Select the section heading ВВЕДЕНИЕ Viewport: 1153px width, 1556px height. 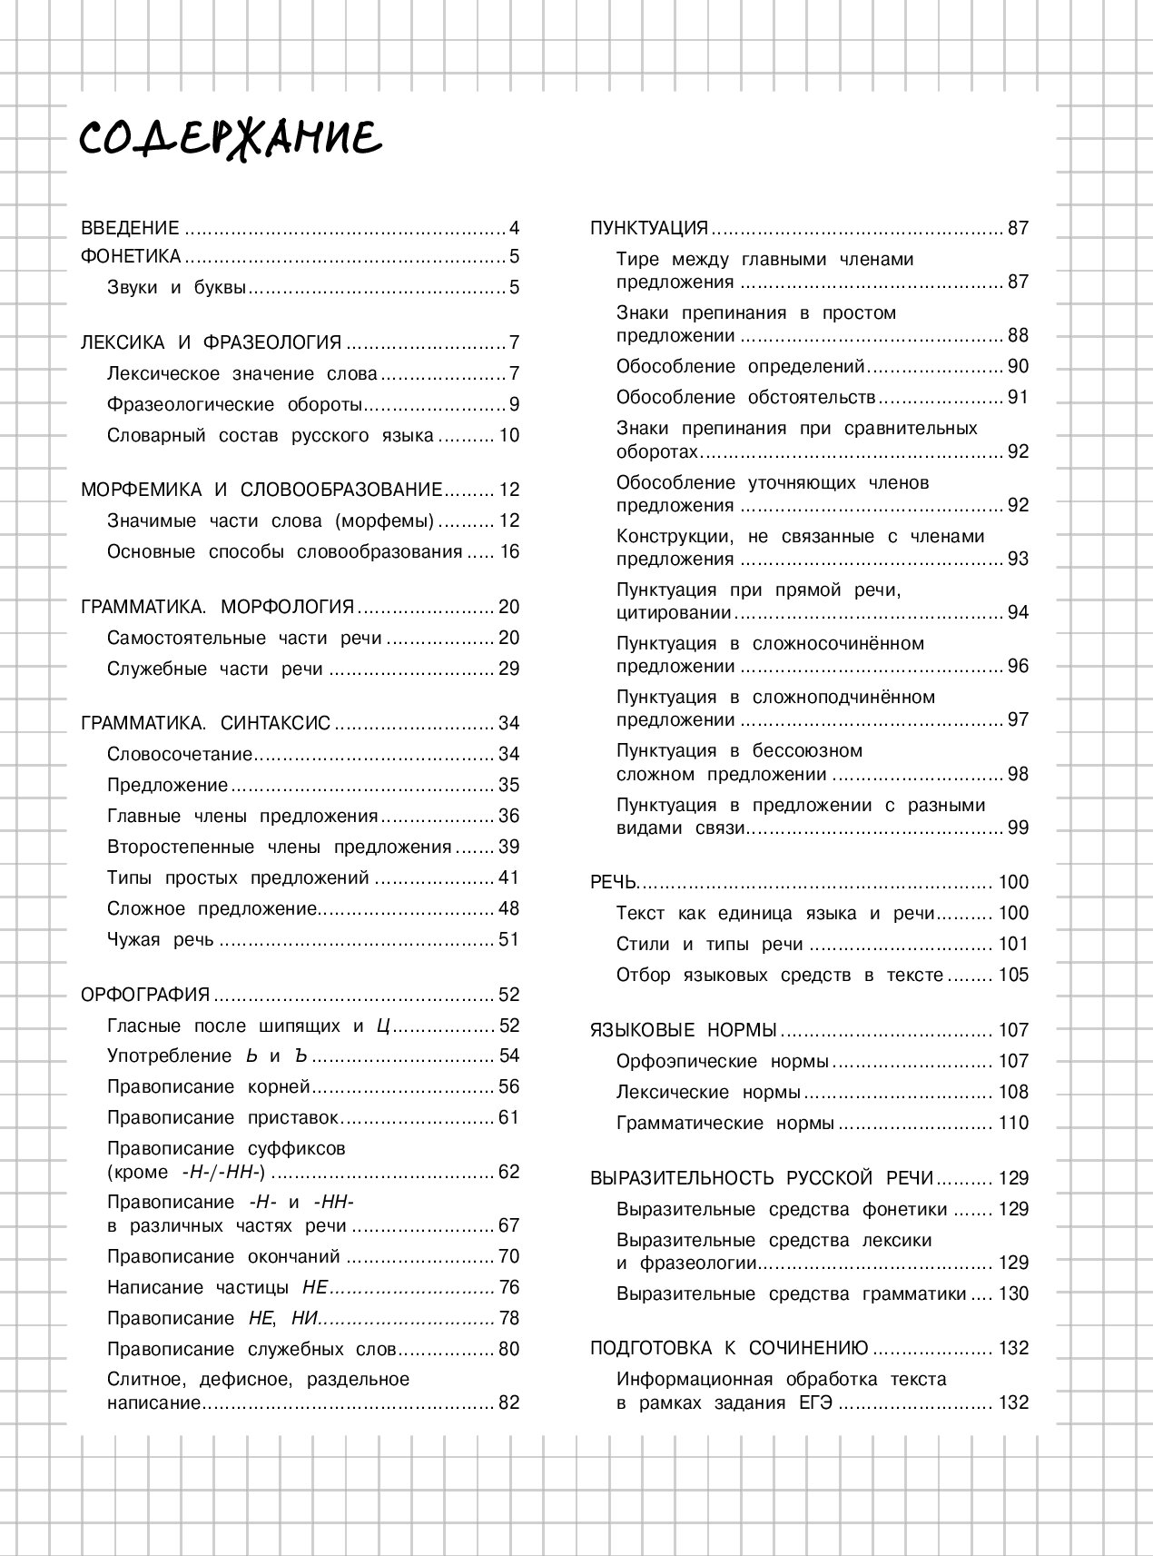pos(130,228)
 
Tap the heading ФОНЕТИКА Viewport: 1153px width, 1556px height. pos(131,256)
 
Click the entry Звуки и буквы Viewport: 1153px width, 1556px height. pos(176,288)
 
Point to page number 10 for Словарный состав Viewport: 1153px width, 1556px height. pos(508,435)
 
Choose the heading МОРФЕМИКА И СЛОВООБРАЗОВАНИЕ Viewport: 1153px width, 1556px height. pos(261,490)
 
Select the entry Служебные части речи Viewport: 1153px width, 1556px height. pos(214,669)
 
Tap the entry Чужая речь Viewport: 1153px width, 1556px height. pos(160,939)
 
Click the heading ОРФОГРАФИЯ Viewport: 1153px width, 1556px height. pos(145,995)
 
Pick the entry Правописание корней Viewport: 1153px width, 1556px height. pos(208,1087)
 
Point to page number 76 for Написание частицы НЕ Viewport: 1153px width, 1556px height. pos(508,1287)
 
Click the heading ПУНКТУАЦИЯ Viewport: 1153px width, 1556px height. pos(648,228)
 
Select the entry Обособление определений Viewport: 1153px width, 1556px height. pos(740,366)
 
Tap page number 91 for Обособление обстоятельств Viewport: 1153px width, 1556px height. pos(1018,397)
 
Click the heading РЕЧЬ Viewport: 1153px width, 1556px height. pos(614,882)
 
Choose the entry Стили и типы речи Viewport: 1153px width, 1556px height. pos(709,944)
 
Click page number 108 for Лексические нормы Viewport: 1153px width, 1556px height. pos(1013,1092)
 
